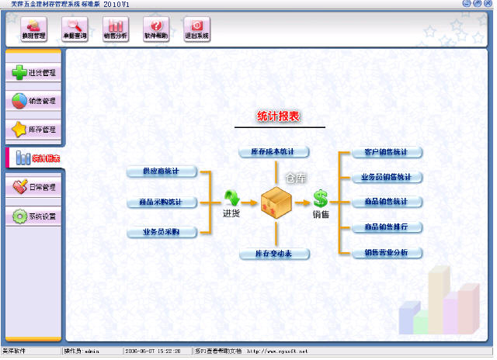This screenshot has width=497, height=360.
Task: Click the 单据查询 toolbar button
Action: pos(75,29)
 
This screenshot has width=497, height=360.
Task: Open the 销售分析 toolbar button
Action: pos(116,29)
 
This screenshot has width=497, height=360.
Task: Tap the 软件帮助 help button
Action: pos(156,29)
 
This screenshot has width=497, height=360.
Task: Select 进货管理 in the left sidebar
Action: pos(34,73)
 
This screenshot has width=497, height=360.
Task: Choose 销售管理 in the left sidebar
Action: pos(34,101)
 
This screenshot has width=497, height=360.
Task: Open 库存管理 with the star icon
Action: pos(34,129)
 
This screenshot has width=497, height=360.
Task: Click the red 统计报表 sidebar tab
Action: pos(36,158)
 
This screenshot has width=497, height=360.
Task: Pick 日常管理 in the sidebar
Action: pos(34,187)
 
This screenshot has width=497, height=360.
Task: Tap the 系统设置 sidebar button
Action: pos(34,216)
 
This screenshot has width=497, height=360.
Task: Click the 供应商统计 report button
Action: pos(162,171)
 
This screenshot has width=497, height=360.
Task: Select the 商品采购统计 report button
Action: pos(162,202)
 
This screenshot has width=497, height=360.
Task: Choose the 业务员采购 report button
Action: pos(162,232)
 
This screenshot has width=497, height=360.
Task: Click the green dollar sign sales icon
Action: pos(320,199)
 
